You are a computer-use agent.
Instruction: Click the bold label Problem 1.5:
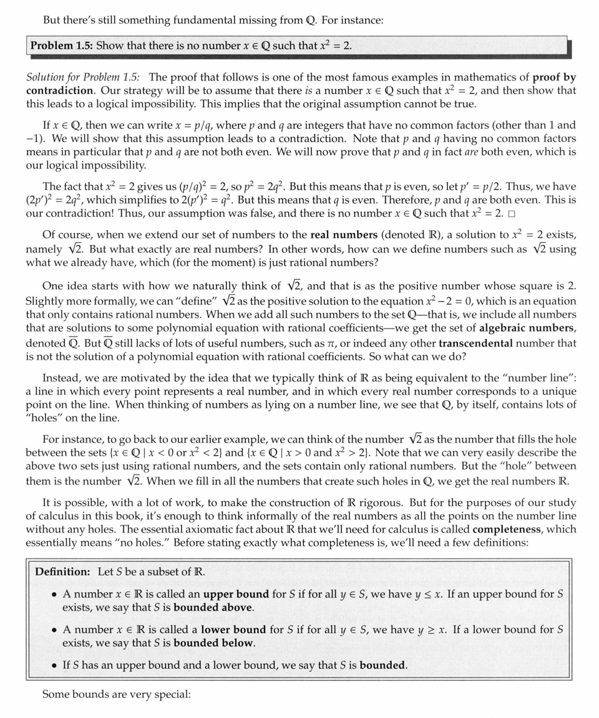[x=62, y=45]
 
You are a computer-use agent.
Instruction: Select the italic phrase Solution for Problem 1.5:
[x=83, y=77]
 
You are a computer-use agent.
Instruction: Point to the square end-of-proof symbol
[x=512, y=214]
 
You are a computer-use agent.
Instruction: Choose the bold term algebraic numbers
[x=527, y=328]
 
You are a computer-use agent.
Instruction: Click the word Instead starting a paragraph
[x=61, y=378]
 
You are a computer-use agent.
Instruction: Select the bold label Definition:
[x=62, y=572]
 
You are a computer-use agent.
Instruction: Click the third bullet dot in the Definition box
[x=53, y=666]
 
